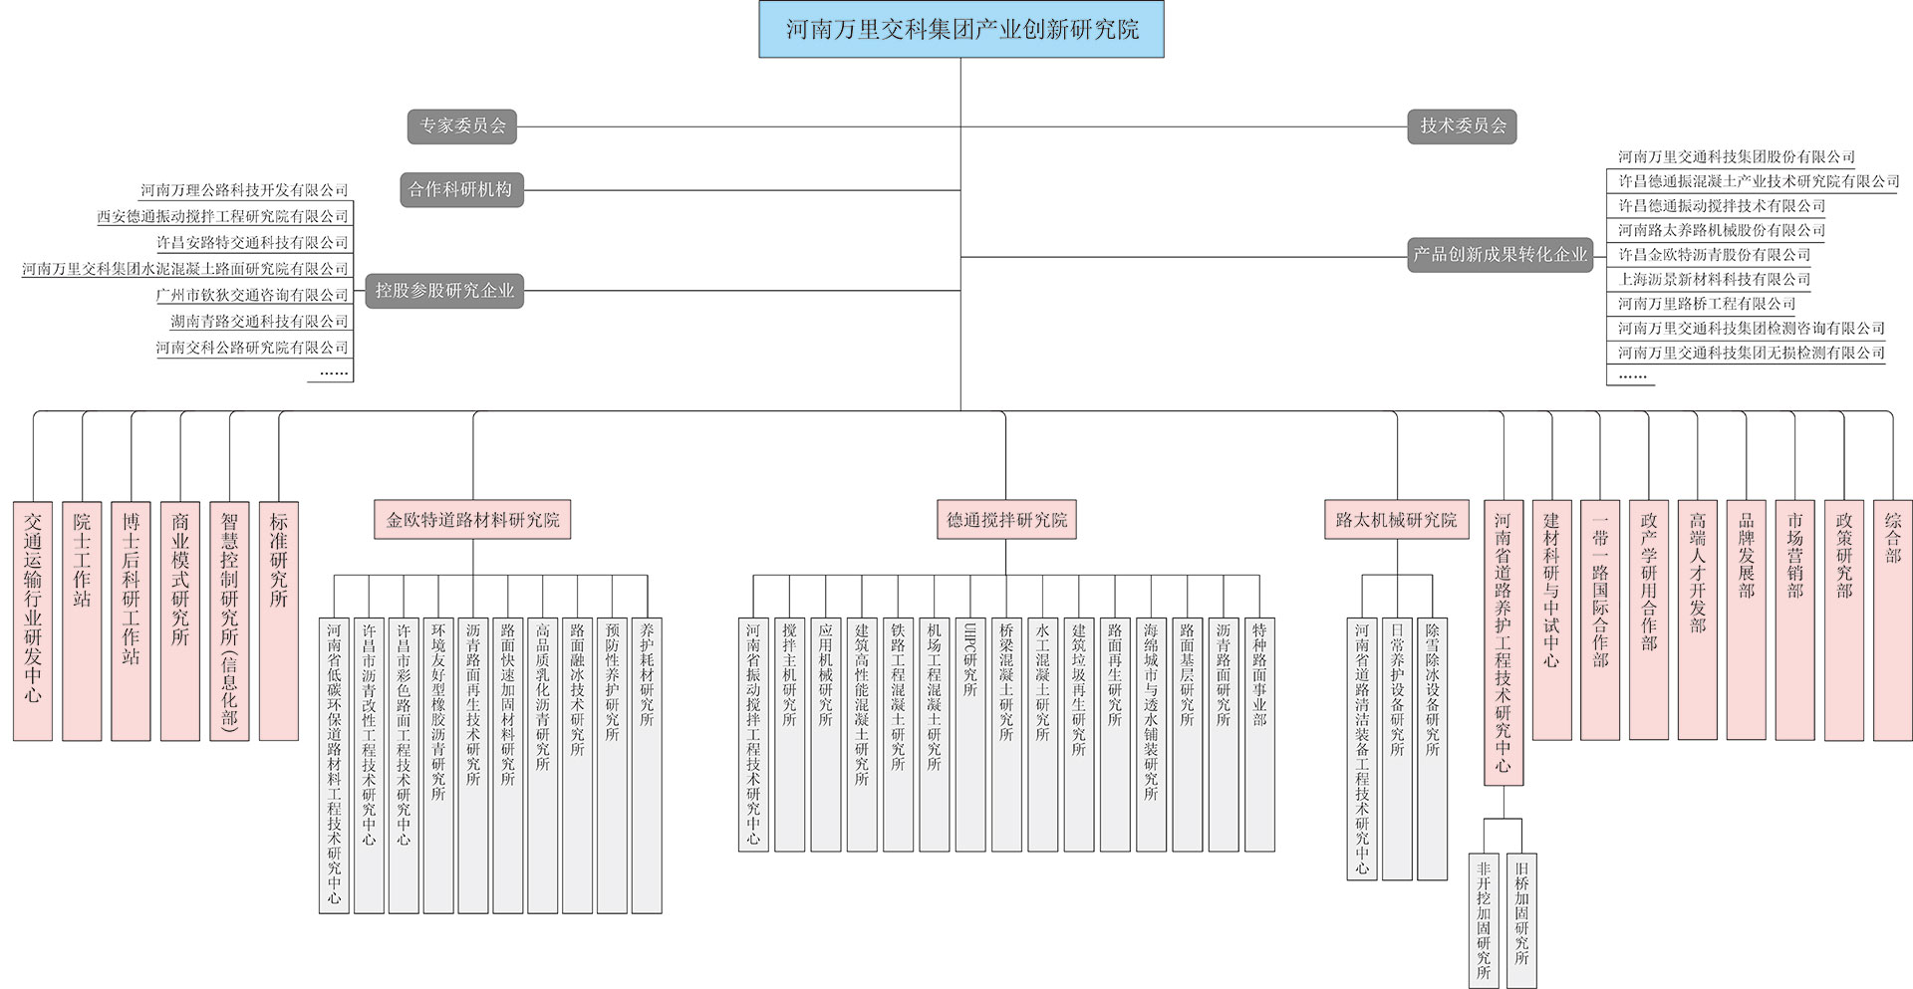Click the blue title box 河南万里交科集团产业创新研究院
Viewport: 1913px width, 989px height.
tap(960, 29)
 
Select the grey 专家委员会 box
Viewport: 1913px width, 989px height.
tap(462, 126)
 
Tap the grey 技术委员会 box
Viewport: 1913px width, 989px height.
tap(1462, 126)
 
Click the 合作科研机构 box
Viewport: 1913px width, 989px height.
tap(461, 189)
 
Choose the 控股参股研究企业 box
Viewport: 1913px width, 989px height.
tap(444, 291)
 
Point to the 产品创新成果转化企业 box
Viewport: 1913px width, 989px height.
tap(1500, 255)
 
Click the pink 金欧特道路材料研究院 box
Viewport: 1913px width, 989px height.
tap(472, 520)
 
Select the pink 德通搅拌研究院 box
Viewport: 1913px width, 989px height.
tap(1006, 520)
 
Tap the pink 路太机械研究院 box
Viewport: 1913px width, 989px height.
tap(1396, 520)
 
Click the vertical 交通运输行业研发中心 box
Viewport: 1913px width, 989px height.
tap(33, 620)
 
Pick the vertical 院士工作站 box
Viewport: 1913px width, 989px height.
tap(82, 620)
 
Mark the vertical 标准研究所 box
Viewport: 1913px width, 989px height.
tap(279, 620)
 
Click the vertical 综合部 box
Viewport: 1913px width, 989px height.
tap(1892, 620)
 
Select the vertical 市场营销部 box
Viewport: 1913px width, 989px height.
tap(1794, 620)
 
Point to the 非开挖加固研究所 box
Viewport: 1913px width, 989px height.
tap(1484, 920)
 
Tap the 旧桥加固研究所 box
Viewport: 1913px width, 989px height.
tap(1521, 920)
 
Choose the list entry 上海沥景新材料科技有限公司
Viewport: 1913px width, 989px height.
tap(1714, 280)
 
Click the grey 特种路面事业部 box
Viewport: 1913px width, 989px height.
tap(1259, 734)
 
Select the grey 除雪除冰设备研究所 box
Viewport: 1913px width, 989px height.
tap(1432, 748)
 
